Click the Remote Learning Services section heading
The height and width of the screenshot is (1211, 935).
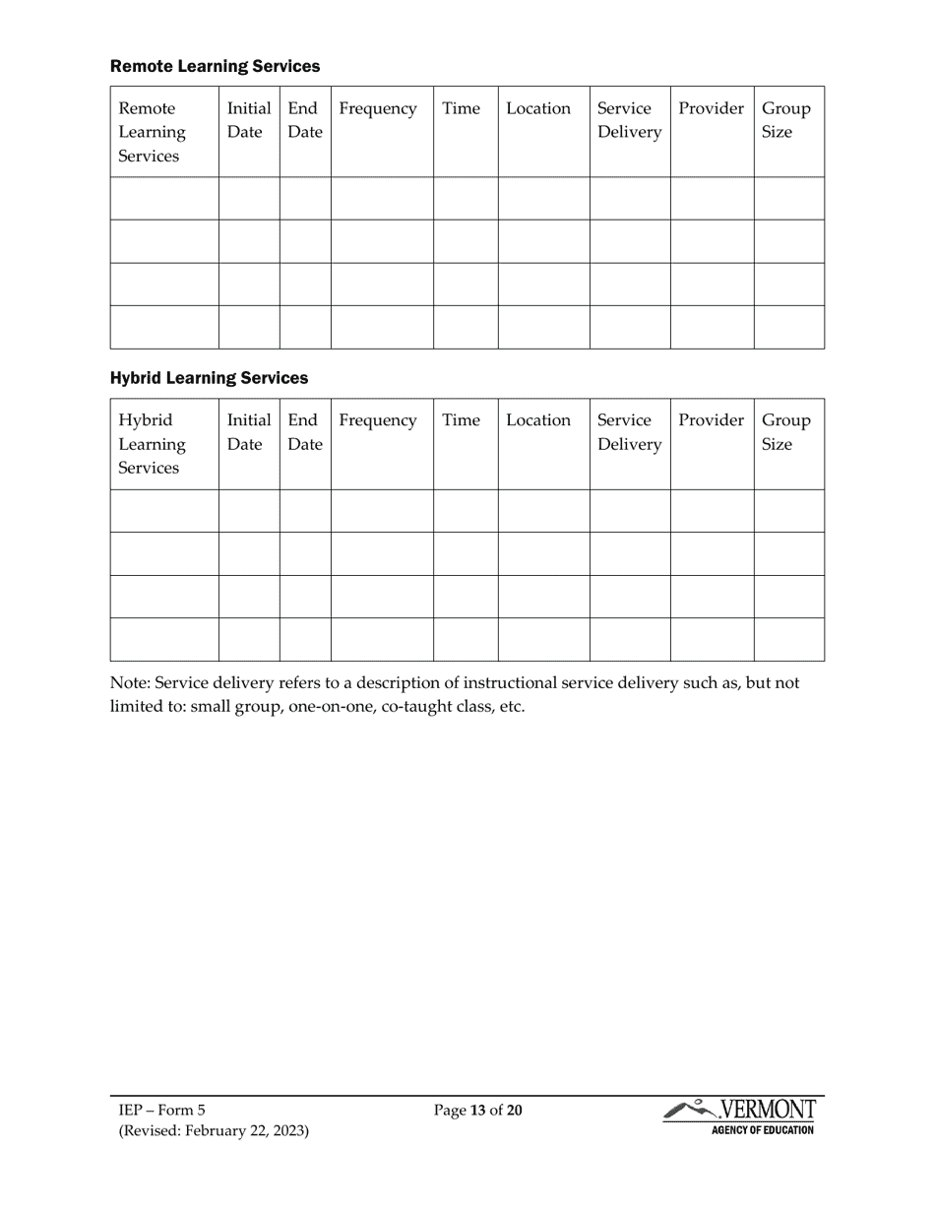pos(215,66)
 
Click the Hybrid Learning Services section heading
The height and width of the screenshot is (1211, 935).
pos(209,378)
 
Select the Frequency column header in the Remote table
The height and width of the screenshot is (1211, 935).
pos(378,108)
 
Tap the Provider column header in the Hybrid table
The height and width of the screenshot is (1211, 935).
pos(711,420)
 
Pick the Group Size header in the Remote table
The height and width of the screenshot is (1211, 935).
pos(786,120)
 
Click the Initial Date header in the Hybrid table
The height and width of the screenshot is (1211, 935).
pos(249,432)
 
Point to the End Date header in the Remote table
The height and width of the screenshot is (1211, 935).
pos(304,120)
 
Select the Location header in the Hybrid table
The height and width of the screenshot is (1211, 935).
pos(538,420)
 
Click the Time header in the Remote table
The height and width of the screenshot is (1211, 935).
pos(461,108)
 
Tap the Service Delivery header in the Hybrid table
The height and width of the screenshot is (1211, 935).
pos(629,432)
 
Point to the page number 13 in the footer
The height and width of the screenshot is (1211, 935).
pos(478,1111)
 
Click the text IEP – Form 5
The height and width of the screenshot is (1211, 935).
pos(162,1111)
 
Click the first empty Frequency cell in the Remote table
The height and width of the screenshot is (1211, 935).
pos(382,198)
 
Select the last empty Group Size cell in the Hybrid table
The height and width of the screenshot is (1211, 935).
pos(788,640)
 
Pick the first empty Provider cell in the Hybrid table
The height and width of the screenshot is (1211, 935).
pos(712,511)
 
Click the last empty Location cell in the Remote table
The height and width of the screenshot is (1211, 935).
pos(543,327)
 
